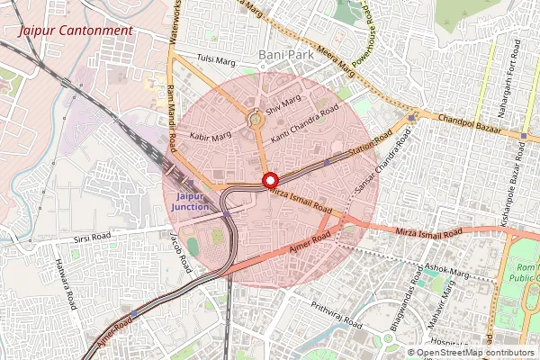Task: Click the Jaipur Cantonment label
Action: pos(68,30)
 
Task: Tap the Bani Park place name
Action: pos(284,55)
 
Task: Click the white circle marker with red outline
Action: pos(268,180)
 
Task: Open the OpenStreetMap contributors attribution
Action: pos(475,353)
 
